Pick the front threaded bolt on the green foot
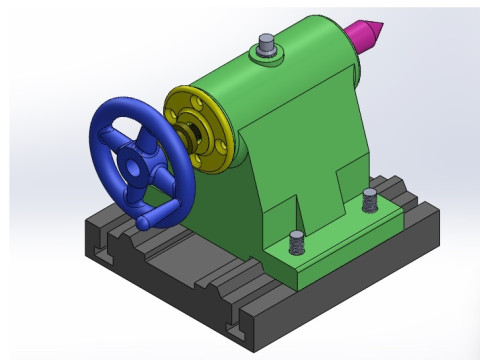tap(296, 242)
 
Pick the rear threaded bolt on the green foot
tap(369, 199)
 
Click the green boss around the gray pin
tap(266, 58)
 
